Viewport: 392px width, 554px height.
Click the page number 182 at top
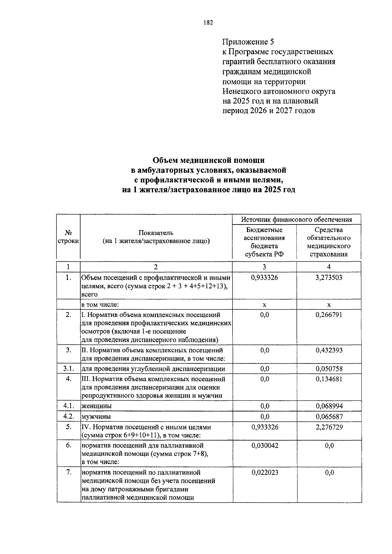pyautogui.click(x=208, y=23)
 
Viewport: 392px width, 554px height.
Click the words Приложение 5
pyautogui.click(x=248, y=42)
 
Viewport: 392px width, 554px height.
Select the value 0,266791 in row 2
pyautogui.click(x=329, y=315)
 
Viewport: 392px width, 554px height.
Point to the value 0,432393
pyautogui.click(x=329, y=350)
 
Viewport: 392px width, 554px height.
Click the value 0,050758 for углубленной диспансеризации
pyautogui.click(x=329, y=369)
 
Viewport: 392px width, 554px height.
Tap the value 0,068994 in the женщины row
pyautogui.click(x=329, y=406)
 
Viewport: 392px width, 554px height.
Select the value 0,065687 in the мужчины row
pyautogui.click(x=329, y=416)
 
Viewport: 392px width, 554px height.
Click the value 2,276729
pyautogui.click(x=329, y=427)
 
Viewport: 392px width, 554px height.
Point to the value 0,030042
pyautogui.click(x=265, y=445)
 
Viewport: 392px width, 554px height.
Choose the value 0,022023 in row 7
pyautogui.click(x=265, y=472)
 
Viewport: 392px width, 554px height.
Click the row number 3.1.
pyautogui.click(x=69, y=369)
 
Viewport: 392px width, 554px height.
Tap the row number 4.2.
pyautogui.click(x=69, y=416)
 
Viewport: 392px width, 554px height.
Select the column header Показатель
pyautogui.click(x=156, y=233)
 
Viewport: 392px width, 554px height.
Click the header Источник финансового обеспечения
pyautogui.click(x=297, y=220)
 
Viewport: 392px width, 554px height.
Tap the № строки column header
pyautogui.click(x=68, y=237)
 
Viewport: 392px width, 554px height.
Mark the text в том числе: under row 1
pyautogui.click(x=100, y=305)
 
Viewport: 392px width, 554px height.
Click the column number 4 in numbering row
pyautogui.click(x=329, y=267)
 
